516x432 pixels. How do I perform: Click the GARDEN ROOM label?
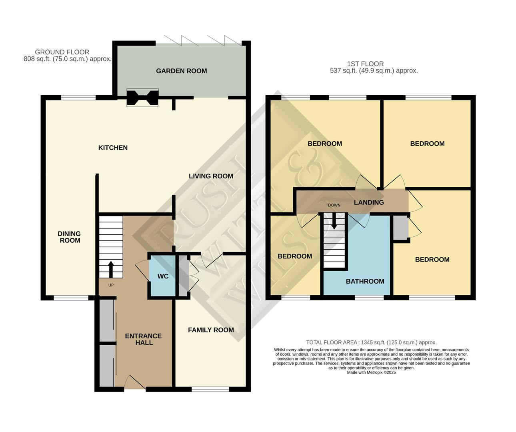pos(181,71)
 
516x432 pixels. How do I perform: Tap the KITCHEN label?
pos(113,148)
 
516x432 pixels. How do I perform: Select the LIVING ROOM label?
pos(211,176)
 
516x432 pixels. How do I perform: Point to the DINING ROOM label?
pos(70,237)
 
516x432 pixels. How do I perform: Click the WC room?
pos(162,276)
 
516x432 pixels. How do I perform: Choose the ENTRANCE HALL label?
pos(143,339)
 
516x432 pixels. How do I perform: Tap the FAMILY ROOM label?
pos(211,330)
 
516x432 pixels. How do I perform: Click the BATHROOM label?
pos(365,281)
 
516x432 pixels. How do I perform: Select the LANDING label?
pos(368,202)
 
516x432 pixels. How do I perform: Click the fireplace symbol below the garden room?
pos(142,98)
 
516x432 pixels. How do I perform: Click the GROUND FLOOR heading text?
pos(62,52)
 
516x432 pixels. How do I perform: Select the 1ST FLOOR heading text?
pos(365,64)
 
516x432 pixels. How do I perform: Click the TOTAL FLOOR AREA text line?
pos(371,342)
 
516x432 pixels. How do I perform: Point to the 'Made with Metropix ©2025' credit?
pos(371,372)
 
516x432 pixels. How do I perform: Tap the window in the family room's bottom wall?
pos(210,389)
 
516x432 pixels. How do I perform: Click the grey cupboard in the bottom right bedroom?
pos(400,228)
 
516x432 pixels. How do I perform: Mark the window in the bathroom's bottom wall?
pos(369,298)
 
